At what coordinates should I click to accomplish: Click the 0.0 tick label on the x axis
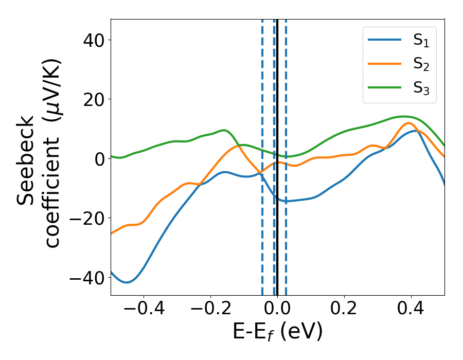(277, 310)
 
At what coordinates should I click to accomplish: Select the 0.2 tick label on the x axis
(344, 310)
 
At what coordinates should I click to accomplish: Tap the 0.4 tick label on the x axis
(411, 310)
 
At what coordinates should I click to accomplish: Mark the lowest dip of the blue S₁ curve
(126, 282)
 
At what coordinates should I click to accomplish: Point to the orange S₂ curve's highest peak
(408, 123)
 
